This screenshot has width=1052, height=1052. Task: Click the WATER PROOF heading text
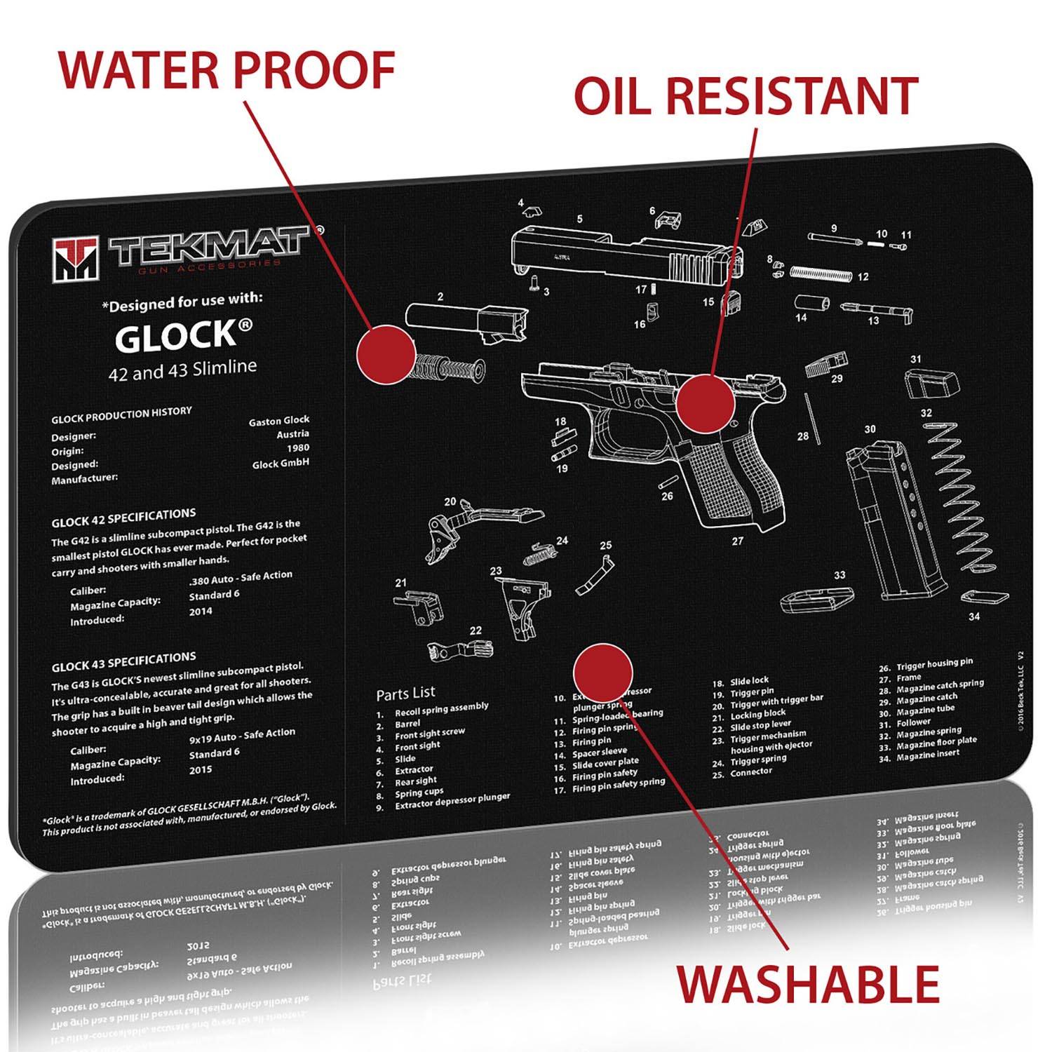(x=227, y=69)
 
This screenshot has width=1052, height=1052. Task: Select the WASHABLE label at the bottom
(x=807, y=984)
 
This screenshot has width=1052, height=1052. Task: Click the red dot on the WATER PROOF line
(x=386, y=354)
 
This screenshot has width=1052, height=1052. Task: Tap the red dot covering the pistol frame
(x=705, y=403)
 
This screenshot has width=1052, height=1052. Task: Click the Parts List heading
(x=405, y=694)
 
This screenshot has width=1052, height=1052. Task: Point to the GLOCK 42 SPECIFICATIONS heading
(x=123, y=518)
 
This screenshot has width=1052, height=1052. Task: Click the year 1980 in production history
(x=297, y=447)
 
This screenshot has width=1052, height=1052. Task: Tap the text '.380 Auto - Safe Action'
(x=241, y=576)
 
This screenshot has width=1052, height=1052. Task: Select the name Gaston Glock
(x=279, y=421)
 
